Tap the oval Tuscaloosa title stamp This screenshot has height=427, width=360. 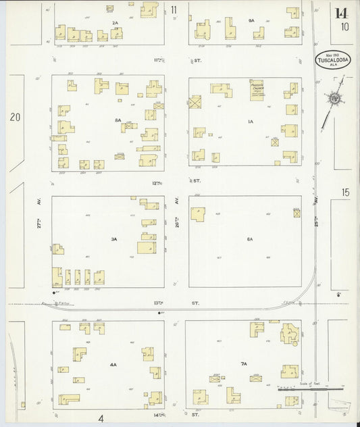click(x=330, y=59)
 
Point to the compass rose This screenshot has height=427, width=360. click(x=334, y=100)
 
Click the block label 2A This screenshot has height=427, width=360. click(x=115, y=23)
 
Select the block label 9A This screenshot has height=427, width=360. click(x=251, y=21)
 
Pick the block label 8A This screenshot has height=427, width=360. click(x=118, y=120)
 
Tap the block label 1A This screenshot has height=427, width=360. click(x=251, y=122)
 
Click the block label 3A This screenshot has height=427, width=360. click(x=115, y=239)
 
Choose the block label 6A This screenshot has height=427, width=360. click(x=249, y=239)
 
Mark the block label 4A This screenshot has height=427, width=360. click(x=113, y=365)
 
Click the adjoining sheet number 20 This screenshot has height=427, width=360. click(x=15, y=118)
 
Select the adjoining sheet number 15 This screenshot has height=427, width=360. click(x=346, y=193)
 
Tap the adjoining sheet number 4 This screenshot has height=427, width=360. click(x=101, y=418)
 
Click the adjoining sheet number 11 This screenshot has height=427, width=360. click(x=174, y=9)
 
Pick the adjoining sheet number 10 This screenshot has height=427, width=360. click(x=345, y=27)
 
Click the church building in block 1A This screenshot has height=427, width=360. click(x=257, y=90)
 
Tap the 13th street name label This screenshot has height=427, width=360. click(x=177, y=303)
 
